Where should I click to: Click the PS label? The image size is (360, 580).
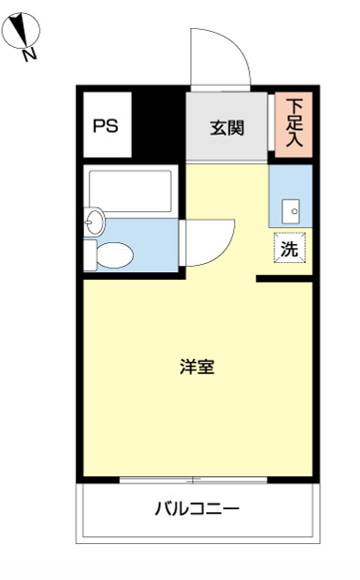[x=105, y=127]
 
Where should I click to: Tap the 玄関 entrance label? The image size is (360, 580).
[x=225, y=127]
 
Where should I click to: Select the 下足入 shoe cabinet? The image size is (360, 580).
[x=295, y=123]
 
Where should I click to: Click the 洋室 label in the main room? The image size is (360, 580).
[x=196, y=367]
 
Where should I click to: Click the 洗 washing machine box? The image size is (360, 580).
[x=289, y=249]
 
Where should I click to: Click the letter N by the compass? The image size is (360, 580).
[x=30, y=54]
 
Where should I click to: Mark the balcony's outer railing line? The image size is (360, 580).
[x=196, y=544]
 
